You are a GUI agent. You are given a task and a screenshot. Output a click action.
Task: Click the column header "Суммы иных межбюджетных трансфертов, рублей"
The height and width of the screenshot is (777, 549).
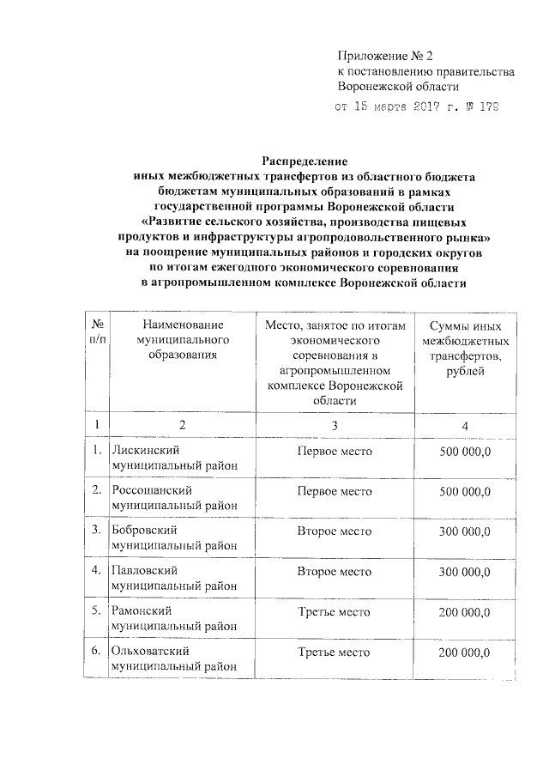tap(464, 348)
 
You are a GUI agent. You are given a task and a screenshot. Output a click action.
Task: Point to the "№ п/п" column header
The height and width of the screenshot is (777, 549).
tap(98, 332)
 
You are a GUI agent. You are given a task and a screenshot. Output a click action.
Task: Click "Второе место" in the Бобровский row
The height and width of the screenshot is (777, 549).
tap(334, 531)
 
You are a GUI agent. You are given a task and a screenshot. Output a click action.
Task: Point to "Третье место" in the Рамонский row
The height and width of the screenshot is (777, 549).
tap(334, 612)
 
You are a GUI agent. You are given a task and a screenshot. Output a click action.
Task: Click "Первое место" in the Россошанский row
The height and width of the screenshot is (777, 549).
tap(334, 491)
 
